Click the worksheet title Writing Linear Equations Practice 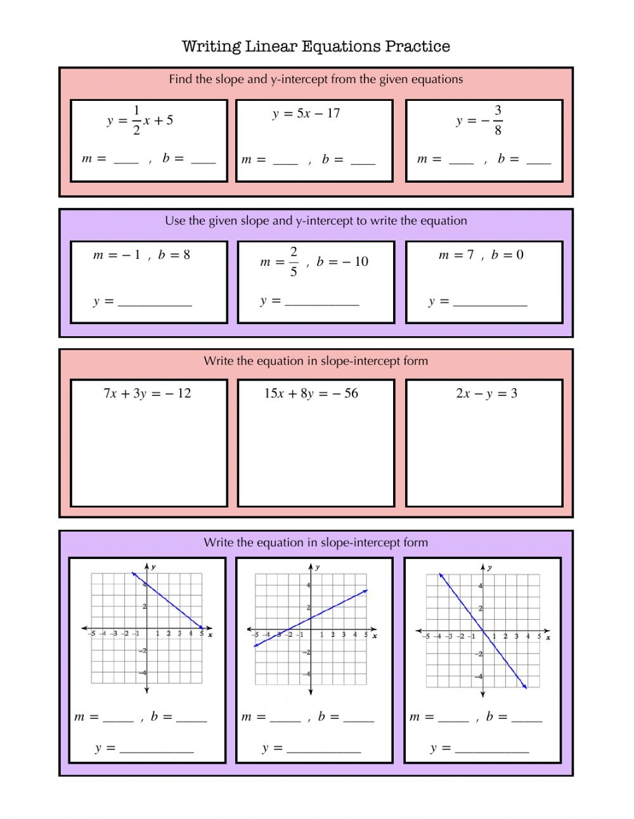(316, 46)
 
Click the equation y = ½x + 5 (140, 121)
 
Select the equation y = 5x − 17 (306, 114)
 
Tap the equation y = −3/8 (479, 121)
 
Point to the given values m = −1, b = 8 (141, 255)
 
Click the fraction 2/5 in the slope (294, 262)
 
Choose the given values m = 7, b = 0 (481, 255)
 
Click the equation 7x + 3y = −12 (147, 393)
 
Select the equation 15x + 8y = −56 (311, 393)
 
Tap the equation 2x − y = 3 (486, 393)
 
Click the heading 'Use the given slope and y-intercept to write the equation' (316, 221)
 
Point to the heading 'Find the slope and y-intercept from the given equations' (316, 79)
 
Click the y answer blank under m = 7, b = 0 (490, 302)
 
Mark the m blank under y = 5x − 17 (285, 161)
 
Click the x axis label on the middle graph (375, 636)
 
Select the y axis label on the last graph (490, 568)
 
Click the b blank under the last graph (527, 717)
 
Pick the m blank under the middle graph (285, 717)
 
